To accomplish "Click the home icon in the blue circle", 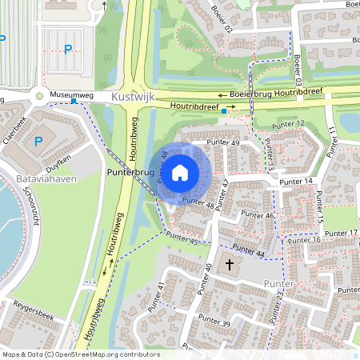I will coord(180,172).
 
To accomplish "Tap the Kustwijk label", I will coord(132,95).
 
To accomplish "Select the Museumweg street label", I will coord(71,95).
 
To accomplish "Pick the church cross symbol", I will coord(230,264).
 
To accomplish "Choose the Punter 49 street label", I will coord(223,142).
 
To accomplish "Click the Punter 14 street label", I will coord(297,182).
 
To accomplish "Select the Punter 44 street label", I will coord(248,254).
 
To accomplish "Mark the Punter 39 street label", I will coord(214,323).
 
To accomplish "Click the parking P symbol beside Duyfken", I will coord(38,142).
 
